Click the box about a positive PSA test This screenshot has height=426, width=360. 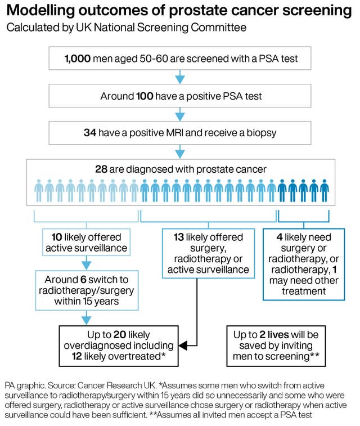(x=181, y=96)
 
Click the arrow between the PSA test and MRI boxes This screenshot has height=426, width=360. (x=180, y=115)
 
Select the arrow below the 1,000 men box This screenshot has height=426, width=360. (x=180, y=77)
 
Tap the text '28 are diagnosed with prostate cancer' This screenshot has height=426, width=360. (x=181, y=169)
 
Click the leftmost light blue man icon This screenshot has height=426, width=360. (x=39, y=191)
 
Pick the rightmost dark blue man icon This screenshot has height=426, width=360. (x=325, y=191)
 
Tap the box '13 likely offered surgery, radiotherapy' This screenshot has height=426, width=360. (x=208, y=253)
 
